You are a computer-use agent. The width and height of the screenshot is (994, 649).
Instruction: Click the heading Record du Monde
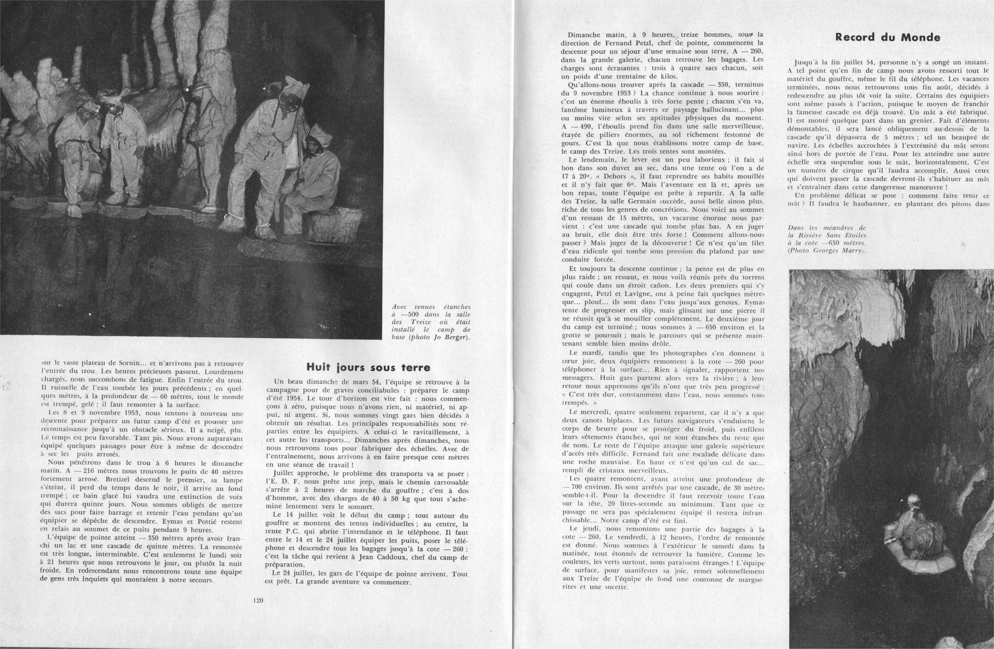[887, 37]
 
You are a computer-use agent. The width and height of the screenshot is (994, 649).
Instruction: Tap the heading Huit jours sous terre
[368, 368]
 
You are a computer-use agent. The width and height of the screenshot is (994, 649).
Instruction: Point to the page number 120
[257, 600]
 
